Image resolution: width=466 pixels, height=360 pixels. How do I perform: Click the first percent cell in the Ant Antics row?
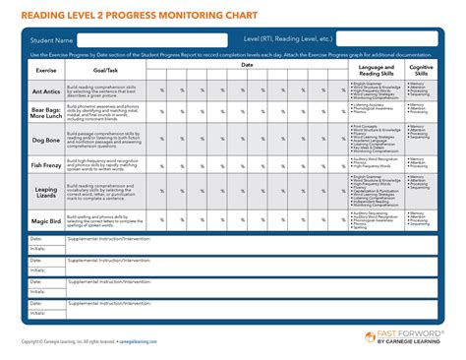pos(161,91)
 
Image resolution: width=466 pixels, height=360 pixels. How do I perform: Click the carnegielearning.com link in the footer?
pos(147,342)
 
